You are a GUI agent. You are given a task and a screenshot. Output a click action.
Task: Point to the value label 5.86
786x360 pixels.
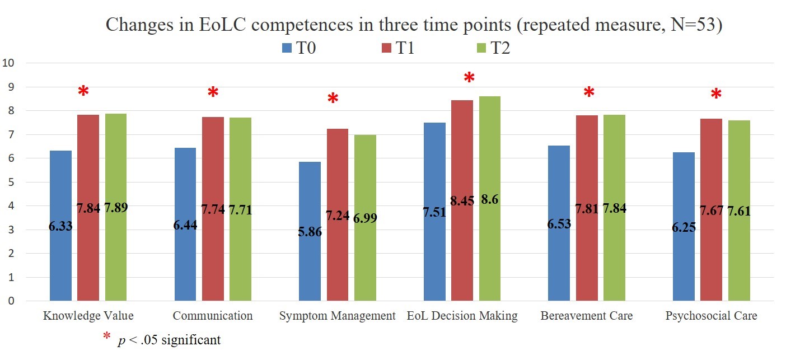tap(310, 232)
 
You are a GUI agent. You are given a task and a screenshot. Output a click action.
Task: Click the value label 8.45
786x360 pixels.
tap(462, 200)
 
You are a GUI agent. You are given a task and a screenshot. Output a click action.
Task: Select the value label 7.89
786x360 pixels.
tap(116, 208)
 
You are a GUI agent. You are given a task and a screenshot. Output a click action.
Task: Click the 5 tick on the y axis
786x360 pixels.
tap(11, 182)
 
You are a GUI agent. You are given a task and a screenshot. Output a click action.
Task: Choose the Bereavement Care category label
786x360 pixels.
tap(587, 316)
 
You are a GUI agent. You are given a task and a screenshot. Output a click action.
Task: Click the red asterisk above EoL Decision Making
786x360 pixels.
tap(469, 78)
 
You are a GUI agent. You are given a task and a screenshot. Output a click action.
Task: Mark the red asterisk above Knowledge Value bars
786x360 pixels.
tap(83, 92)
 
